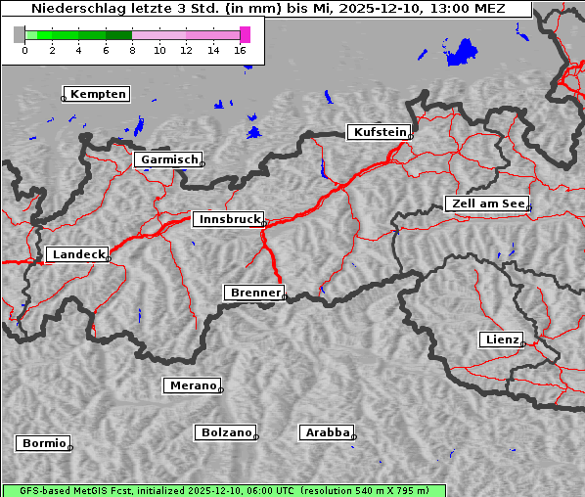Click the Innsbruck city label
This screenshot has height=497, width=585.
[227, 220]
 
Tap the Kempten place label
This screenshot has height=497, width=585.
[98, 94]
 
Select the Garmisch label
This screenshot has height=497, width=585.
[168, 159]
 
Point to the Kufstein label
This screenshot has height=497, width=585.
[379, 132]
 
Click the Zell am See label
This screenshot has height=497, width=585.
[488, 203]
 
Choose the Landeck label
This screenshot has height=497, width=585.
[77, 254]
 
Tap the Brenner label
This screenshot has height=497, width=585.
[254, 293]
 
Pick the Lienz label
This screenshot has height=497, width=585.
[500, 339]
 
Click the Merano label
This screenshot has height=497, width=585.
[192, 385]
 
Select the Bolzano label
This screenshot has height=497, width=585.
[226, 432]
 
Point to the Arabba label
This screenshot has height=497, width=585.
[327, 432]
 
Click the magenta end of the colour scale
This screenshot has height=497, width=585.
[245, 34]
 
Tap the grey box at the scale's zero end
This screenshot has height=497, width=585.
[20, 34]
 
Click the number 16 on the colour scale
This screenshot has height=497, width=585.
[241, 50]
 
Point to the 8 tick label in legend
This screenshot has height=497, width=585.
[132, 50]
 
